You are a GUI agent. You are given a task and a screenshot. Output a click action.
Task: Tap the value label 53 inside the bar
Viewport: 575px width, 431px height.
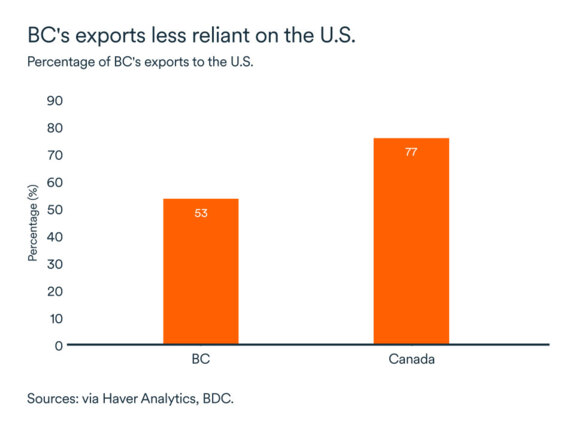pos(200,213)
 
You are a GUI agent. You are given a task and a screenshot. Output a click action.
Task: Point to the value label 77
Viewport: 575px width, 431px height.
pos(411,152)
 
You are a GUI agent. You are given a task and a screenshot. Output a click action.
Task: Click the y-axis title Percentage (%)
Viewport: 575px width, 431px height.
pos(33,222)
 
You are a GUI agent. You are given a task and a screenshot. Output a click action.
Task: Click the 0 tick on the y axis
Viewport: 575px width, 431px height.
pos(59,345)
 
